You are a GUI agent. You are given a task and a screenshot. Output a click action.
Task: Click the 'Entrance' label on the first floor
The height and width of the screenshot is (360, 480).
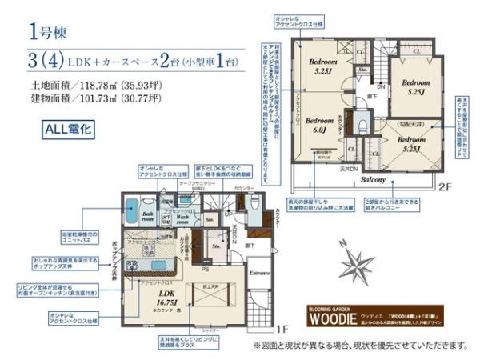(260, 274)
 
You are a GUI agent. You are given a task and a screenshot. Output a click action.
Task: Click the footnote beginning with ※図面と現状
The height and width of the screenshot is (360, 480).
(360, 346)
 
